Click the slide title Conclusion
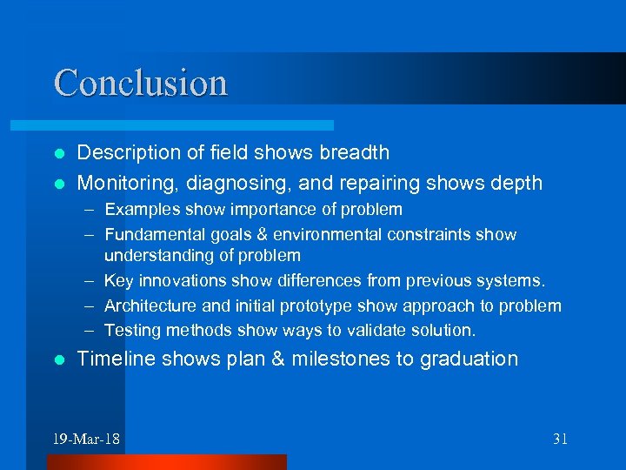(141, 83)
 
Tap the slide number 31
(560, 439)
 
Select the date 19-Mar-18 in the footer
(86, 439)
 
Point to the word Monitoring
(119, 183)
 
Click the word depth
(516, 183)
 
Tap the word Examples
(137, 209)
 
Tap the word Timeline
(111, 359)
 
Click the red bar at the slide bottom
(166, 461)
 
